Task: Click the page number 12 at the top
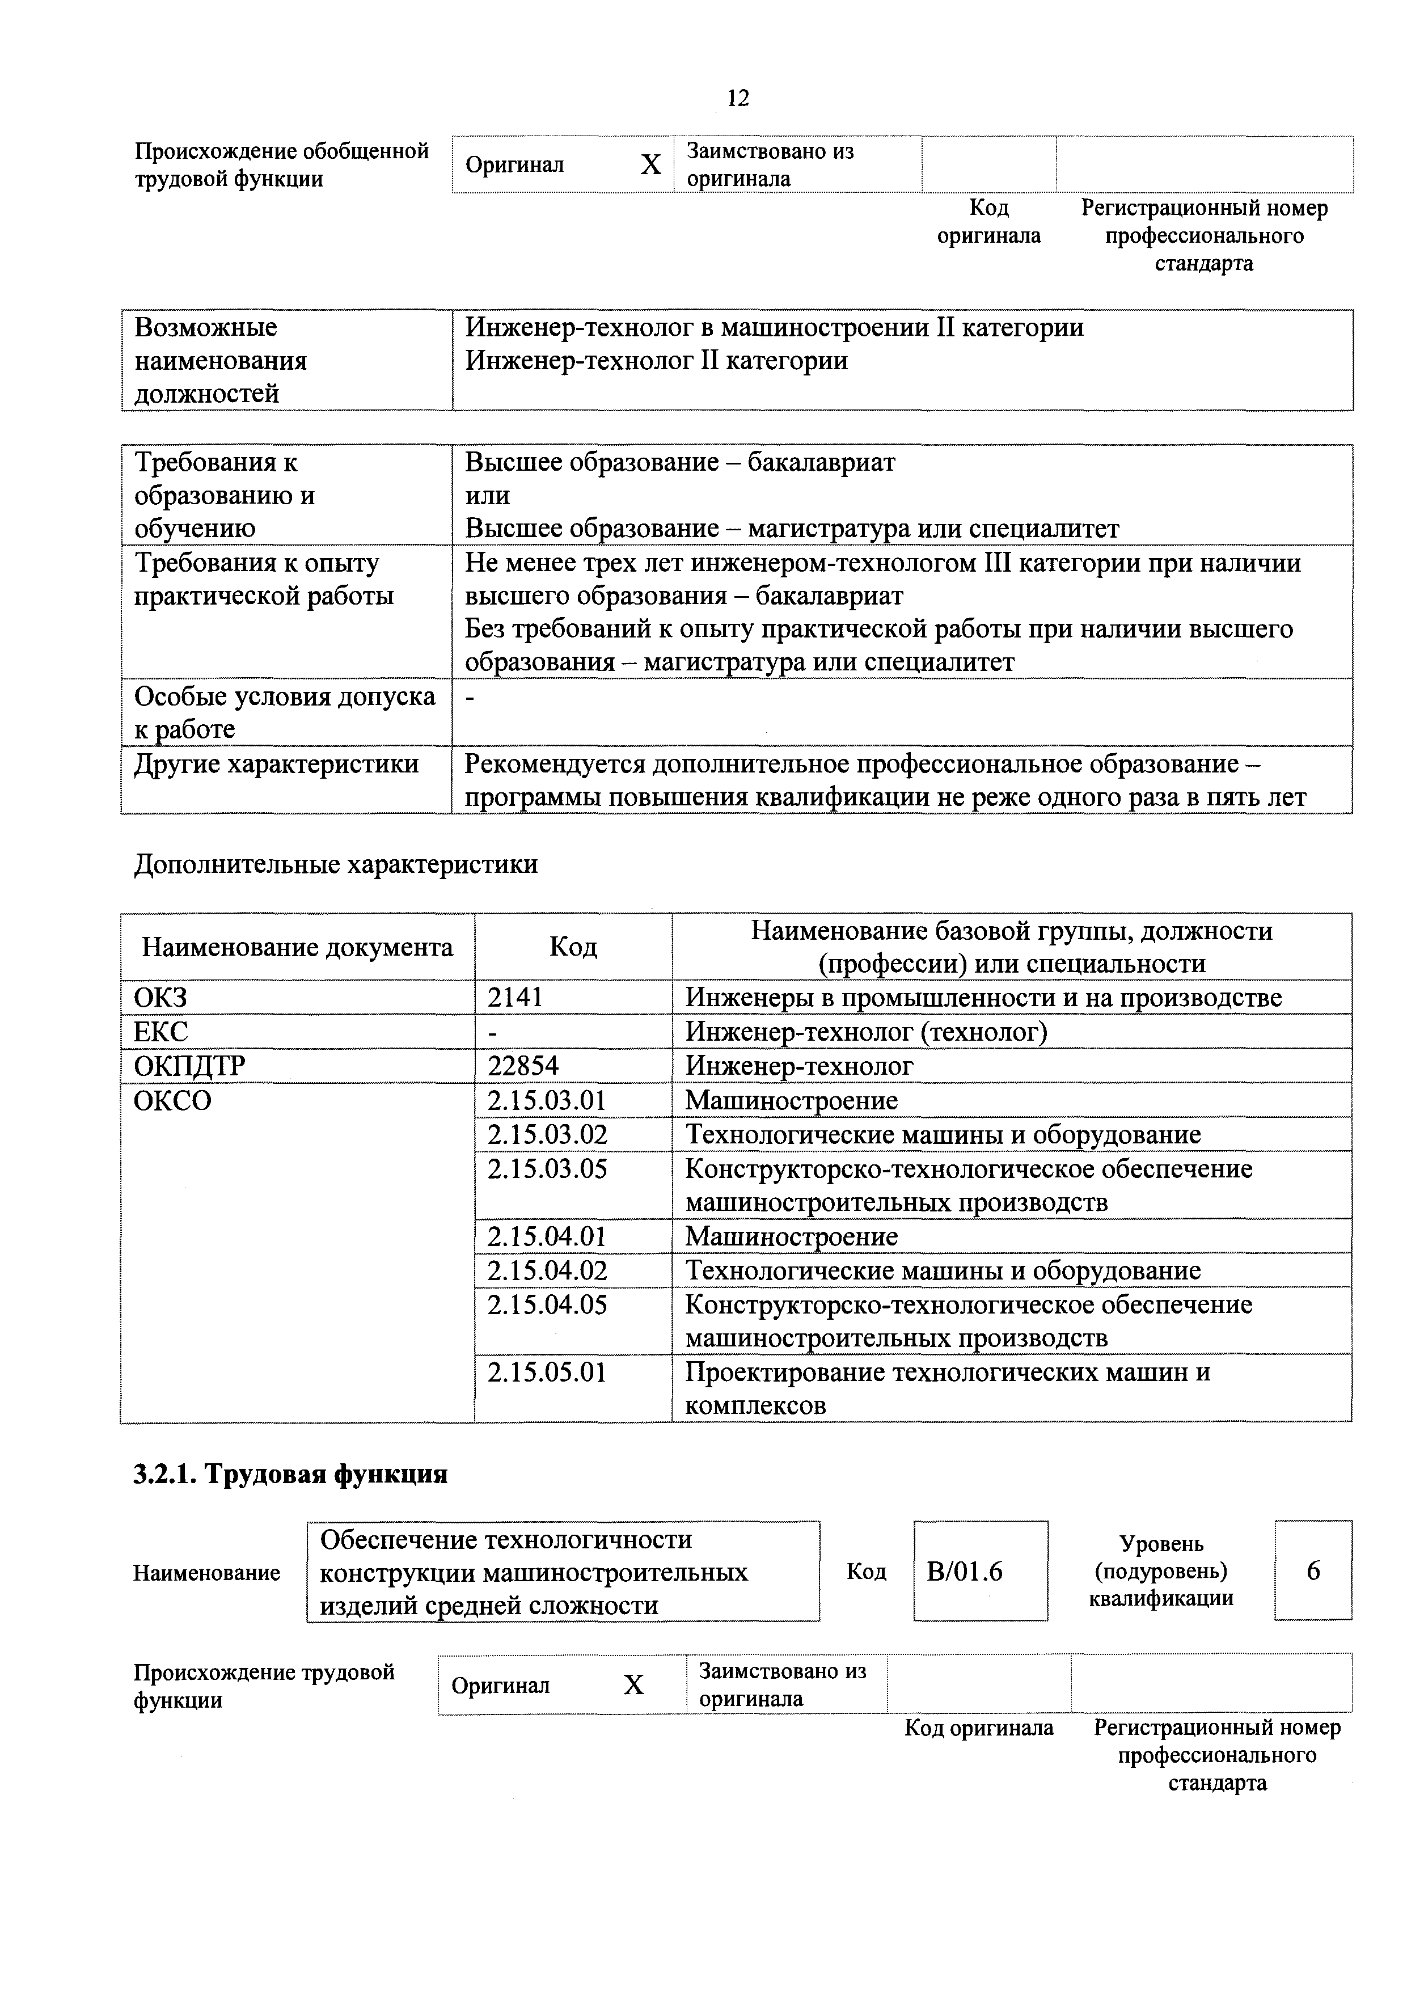737,98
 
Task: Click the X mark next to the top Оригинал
650,164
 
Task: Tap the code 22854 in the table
523,1066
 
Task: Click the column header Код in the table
573,947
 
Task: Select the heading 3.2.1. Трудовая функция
290,1475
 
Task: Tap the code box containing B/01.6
980,1572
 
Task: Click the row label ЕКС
161,1032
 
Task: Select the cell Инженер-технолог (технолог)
867,1032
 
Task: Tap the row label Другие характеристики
276,764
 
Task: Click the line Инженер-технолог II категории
657,360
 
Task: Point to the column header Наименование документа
297,947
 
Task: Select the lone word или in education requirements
488,496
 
